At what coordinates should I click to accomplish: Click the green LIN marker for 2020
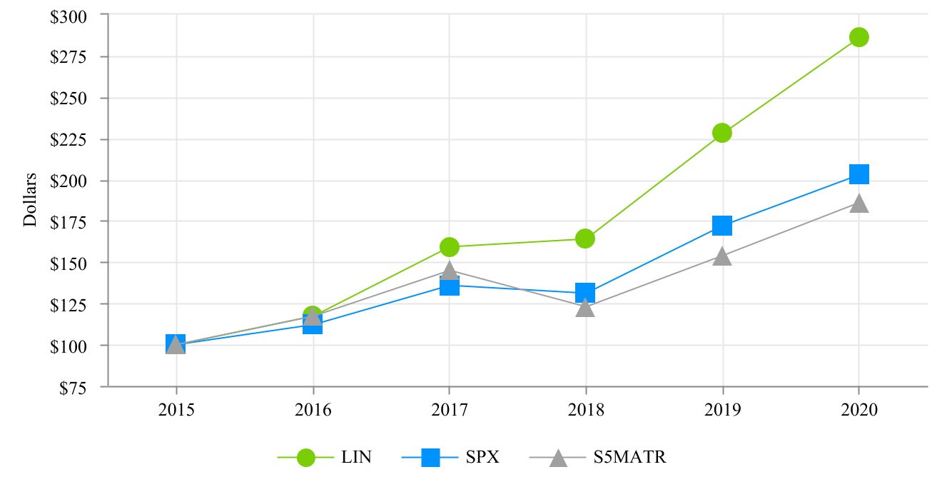coord(859,37)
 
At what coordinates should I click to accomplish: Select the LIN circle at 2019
coord(722,133)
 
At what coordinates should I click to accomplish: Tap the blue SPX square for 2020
coord(859,174)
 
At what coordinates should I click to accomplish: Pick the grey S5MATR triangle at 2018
coord(585,308)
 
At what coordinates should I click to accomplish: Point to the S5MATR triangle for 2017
coord(449,270)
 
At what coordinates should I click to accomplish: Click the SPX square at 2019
coord(722,226)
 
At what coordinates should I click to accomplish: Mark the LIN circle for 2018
coord(585,239)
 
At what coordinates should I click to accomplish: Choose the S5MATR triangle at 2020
coord(859,204)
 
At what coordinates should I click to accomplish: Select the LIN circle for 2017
coord(449,247)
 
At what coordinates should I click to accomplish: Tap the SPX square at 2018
coord(585,293)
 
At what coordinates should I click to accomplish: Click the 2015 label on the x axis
coord(176,409)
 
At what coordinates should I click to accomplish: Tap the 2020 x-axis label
coord(859,409)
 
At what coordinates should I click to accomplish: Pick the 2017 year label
coord(449,409)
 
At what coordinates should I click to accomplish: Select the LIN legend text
coord(356,458)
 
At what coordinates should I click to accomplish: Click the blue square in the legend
coord(430,458)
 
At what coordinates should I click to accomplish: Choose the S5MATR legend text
coord(629,458)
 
